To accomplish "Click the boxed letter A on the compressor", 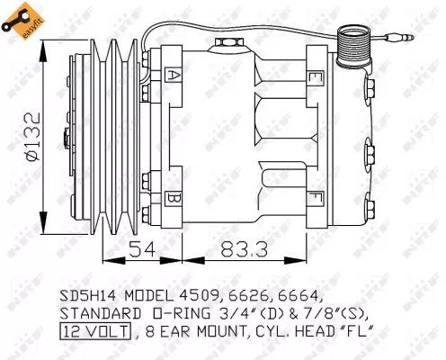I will (x=173, y=76).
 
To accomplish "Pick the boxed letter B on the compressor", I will (x=173, y=196).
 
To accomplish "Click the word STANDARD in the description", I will (x=96, y=313).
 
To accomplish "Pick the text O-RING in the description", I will (x=176, y=313).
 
